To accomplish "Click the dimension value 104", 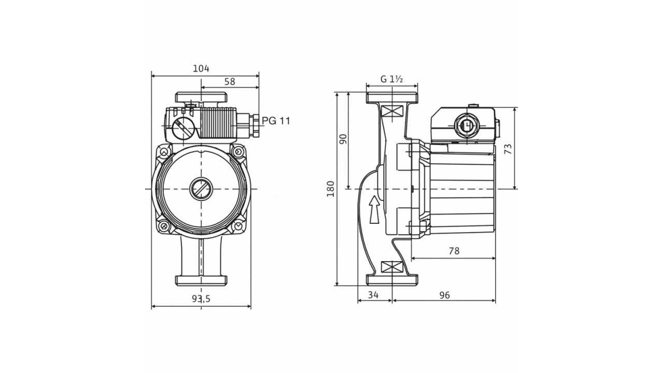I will click(201, 68).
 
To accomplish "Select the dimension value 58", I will click(230, 81).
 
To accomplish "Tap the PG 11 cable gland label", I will click(276, 121).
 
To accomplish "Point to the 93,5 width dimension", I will click(201, 298).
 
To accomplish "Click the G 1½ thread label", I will click(392, 79).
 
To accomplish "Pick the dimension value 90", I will click(342, 139).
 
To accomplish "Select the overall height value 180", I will click(331, 189).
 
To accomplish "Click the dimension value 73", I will click(508, 149).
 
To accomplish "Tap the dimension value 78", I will click(454, 251).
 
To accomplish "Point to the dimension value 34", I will click(373, 295).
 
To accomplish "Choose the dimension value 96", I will click(444, 295).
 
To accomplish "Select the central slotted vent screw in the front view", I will click(200, 189).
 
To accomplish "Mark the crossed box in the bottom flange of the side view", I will click(392, 267).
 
